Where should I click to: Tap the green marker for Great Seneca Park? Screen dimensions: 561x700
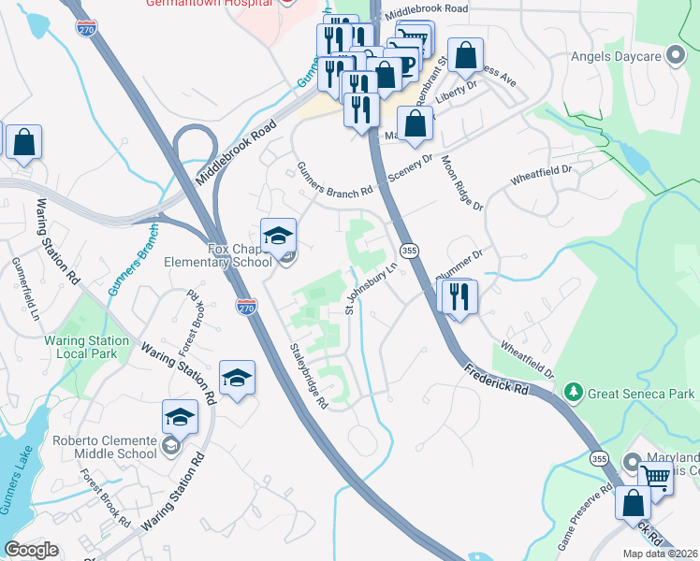coord(574,394)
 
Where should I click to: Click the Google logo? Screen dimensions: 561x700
coord(31,550)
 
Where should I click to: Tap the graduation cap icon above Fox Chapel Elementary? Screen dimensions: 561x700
coord(278,237)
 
